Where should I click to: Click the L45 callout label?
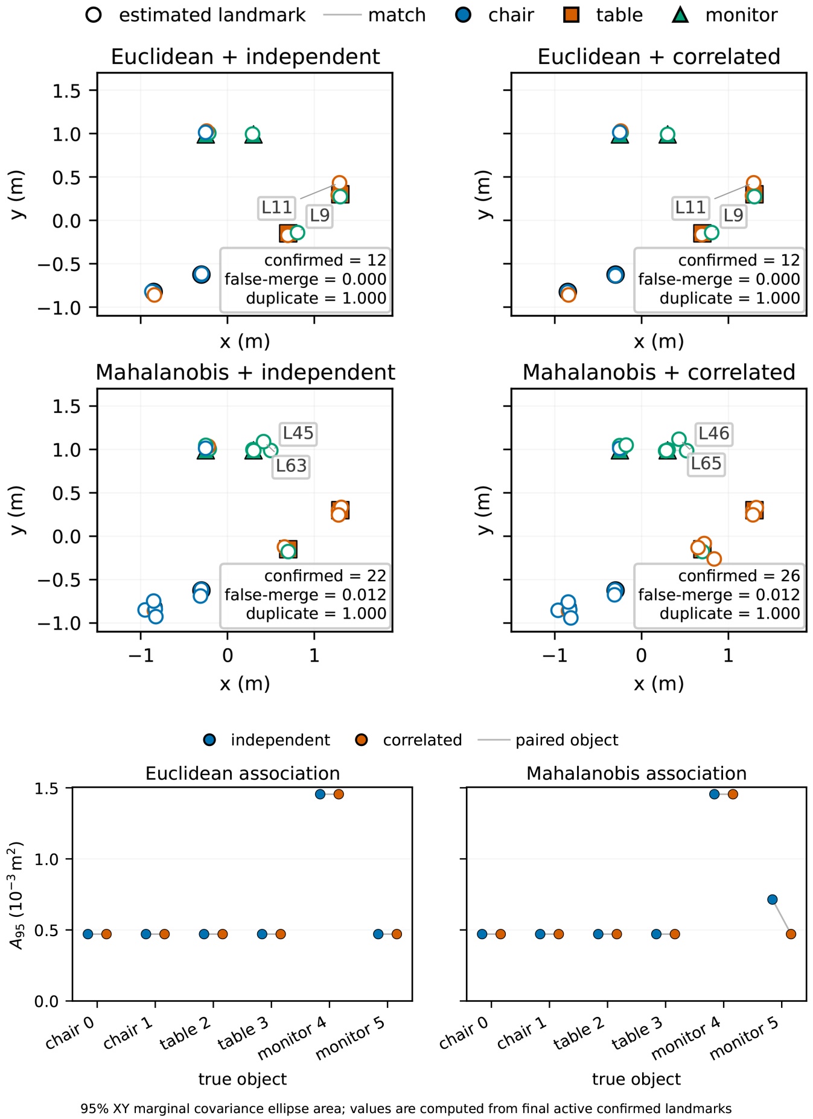298,433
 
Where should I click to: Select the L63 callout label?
291,466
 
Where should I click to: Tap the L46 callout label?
713,433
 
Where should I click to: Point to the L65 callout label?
706,464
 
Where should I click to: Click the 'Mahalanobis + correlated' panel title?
659,372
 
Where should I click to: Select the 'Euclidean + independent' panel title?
245,57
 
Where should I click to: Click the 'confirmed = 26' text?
739,576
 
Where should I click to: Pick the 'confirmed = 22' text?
325,576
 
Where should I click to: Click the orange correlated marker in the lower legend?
362,740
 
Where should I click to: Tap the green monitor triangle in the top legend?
680,14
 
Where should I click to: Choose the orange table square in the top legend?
571,14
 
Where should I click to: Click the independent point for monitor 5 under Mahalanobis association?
772,900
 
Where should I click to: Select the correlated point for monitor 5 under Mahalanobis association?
791,934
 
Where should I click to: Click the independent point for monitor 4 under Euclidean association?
320,794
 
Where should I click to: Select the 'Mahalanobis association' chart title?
636,773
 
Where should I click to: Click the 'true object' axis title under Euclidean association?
243,1079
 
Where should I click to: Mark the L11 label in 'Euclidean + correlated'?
690,208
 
